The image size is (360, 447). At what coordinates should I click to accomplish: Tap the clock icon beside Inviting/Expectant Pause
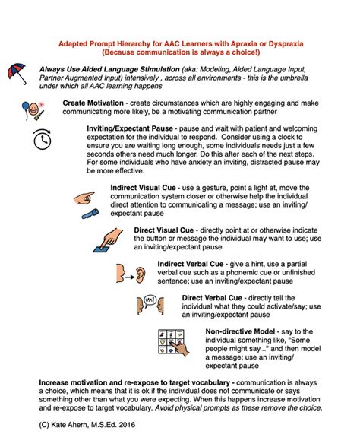tap(43, 139)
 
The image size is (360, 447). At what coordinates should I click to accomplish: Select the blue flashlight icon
tap(90, 214)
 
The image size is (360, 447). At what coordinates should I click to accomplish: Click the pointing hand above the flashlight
tap(84, 198)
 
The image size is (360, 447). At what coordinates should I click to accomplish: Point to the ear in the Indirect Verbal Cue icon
tap(140, 275)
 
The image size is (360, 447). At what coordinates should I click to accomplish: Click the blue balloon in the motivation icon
tap(25, 107)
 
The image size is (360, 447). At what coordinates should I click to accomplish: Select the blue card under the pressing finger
tap(101, 249)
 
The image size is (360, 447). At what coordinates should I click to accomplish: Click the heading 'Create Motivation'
tap(93, 103)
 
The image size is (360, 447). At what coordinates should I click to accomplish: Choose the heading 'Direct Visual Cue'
tap(164, 230)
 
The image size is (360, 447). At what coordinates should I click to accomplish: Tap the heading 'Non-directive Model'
tap(240, 331)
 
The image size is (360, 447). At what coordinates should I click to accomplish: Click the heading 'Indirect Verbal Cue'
tap(191, 264)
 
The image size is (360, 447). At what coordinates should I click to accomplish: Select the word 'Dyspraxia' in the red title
tap(286, 43)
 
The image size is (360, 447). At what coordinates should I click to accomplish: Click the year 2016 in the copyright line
tap(127, 424)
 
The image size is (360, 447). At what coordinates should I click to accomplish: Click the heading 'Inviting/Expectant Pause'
tap(130, 128)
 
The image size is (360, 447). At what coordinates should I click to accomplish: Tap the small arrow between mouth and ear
tap(130, 277)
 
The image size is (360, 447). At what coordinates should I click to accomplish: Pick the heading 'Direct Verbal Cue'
tap(212, 298)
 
